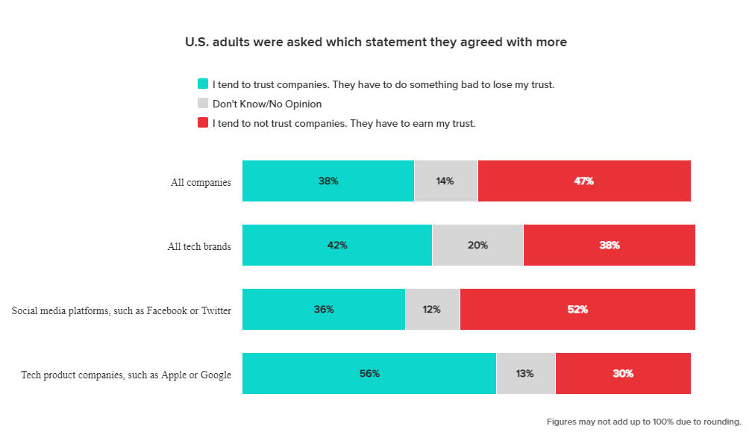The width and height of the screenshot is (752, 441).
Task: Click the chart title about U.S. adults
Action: pos(376,43)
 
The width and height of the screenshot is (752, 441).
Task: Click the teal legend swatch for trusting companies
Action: pos(203,84)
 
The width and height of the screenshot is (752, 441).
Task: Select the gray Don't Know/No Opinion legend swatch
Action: pos(203,104)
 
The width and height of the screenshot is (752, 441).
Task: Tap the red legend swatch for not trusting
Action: pos(203,123)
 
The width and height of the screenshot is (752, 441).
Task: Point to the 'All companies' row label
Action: pos(201,182)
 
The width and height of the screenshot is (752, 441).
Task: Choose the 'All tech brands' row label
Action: pos(199,246)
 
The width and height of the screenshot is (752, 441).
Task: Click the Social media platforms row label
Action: pos(122,310)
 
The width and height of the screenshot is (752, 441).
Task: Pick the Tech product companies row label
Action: pos(126,375)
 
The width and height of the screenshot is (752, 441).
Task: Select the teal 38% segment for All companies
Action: pos(328,181)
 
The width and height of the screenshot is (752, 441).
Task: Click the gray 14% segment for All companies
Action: pos(445,181)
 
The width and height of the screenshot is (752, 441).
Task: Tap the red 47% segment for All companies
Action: pos(584,181)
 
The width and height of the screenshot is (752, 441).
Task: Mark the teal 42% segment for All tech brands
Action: pos(337,245)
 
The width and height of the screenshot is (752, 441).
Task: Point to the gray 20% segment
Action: pos(477,245)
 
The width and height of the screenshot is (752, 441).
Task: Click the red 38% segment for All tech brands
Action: pos(610,245)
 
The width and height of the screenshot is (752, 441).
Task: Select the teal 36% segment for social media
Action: pos(324,309)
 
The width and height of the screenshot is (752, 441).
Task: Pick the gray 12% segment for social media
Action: pos(432,309)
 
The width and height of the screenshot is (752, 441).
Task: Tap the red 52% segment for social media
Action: pos(577,309)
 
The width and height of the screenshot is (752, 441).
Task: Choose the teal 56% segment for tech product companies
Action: pos(369,373)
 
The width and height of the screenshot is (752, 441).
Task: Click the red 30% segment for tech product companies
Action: pos(623,373)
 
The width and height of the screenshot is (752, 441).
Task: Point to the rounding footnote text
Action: pos(644,422)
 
